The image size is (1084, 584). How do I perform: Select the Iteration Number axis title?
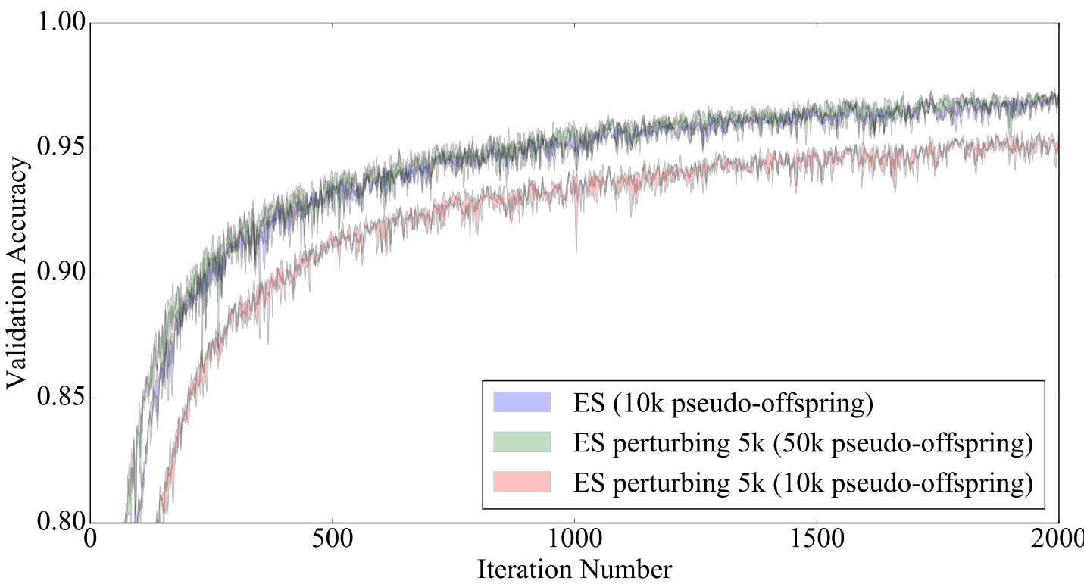(574, 569)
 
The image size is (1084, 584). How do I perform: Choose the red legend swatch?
(521, 482)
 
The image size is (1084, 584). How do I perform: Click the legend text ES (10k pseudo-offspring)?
(723, 404)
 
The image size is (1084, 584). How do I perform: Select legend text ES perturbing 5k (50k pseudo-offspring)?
(803, 443)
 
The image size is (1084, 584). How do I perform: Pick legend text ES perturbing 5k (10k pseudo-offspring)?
(803, 483)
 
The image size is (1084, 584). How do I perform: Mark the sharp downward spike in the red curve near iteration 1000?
(576, 246)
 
